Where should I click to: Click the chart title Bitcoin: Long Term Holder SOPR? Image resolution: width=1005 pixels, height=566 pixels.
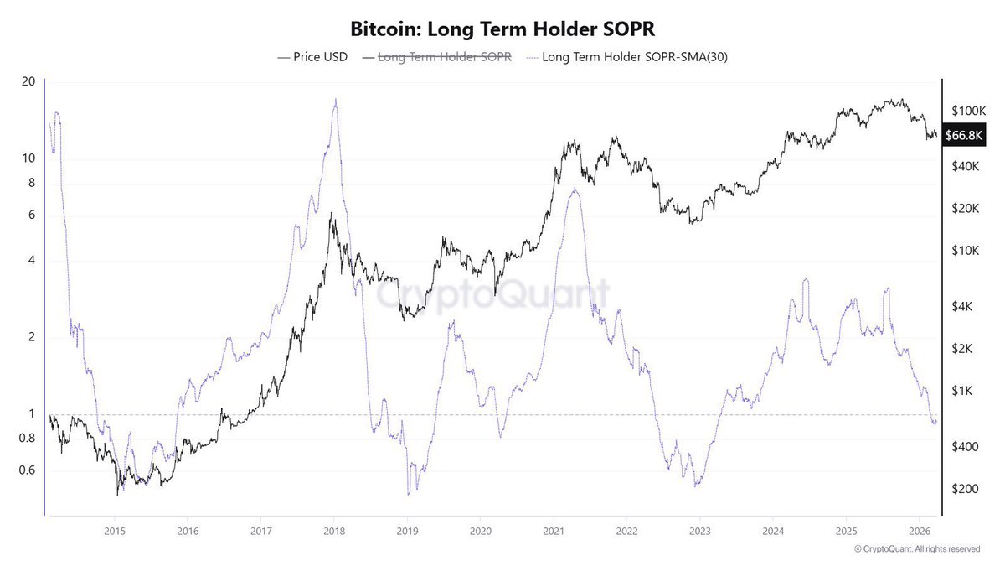coord(502,29)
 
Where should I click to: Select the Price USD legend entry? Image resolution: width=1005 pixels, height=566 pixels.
coord(313,57)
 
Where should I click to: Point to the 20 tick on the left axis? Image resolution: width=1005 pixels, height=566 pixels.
coord(28,81)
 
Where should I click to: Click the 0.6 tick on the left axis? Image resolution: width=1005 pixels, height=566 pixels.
coord(27,470)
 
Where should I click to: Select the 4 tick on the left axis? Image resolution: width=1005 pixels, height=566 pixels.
coord(31,260)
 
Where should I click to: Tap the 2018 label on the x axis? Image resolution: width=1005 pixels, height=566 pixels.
coord(334,531)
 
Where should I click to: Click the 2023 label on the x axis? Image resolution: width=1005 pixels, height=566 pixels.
coord(700,531)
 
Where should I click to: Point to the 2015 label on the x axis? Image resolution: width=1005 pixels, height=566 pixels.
coord(115,531)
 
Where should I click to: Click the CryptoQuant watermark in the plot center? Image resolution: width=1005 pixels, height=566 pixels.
coord(492,295)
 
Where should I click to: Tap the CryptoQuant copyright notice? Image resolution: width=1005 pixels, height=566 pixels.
coord(917,549)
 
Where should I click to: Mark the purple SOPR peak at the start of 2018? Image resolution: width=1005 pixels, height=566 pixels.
coord(335,100)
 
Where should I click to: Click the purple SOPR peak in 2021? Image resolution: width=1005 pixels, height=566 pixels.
coord(574,190)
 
